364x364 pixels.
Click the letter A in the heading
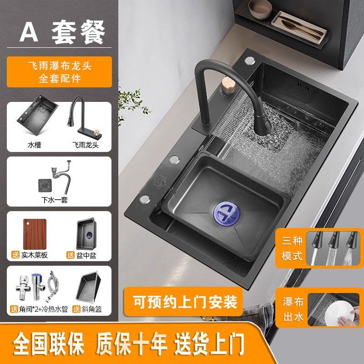coord(29,32)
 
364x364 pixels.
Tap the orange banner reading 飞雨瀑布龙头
coord(60,72)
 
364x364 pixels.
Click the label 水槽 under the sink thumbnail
coord(35,145)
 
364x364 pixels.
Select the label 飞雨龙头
coord(86,145)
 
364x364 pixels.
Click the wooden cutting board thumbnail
coord(35,234)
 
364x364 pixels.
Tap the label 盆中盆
coord(86,255)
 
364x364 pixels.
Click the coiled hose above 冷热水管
coord(53,287)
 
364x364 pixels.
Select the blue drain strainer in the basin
coord(226,213)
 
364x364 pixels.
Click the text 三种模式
coord(292,248)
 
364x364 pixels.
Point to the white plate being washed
coord(339,312)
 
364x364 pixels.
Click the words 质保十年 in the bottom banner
coord(131,344)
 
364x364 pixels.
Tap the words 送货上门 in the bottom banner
coord(209,344)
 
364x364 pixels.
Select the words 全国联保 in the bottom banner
coord(48,344)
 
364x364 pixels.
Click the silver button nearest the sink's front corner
coord(145,199)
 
